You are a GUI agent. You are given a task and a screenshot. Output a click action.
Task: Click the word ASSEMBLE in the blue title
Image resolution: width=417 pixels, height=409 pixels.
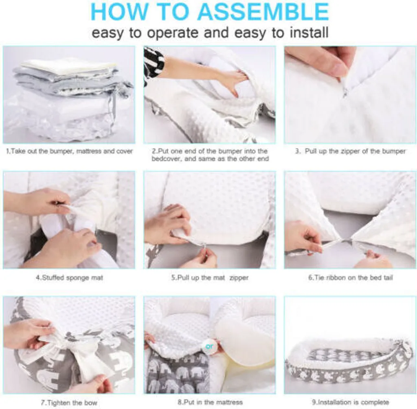[262, 12]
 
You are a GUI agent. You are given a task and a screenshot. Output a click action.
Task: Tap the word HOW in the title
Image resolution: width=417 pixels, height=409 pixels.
[120, 12]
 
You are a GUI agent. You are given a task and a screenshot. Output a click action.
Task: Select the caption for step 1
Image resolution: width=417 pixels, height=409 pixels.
[69, 151]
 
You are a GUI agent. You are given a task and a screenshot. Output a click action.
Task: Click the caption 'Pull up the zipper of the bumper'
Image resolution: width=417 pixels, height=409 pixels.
[350, 151]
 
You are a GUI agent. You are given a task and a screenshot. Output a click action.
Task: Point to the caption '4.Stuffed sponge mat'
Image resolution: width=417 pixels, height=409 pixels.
[69, 278]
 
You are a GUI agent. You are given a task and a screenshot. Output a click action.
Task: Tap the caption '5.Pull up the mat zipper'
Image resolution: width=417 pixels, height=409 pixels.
[210, 278]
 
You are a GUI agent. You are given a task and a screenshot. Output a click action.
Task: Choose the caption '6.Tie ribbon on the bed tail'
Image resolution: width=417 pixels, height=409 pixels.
[350, 278]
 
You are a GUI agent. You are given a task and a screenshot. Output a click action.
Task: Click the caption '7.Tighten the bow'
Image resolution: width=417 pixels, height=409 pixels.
[69, 402]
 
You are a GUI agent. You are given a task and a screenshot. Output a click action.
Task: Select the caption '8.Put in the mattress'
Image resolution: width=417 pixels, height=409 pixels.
[210, 402]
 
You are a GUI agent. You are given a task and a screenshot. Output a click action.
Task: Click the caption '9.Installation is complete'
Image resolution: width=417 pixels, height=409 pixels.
[350, 402]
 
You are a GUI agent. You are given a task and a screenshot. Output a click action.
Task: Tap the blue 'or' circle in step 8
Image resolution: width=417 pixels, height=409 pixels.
[210, 347]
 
